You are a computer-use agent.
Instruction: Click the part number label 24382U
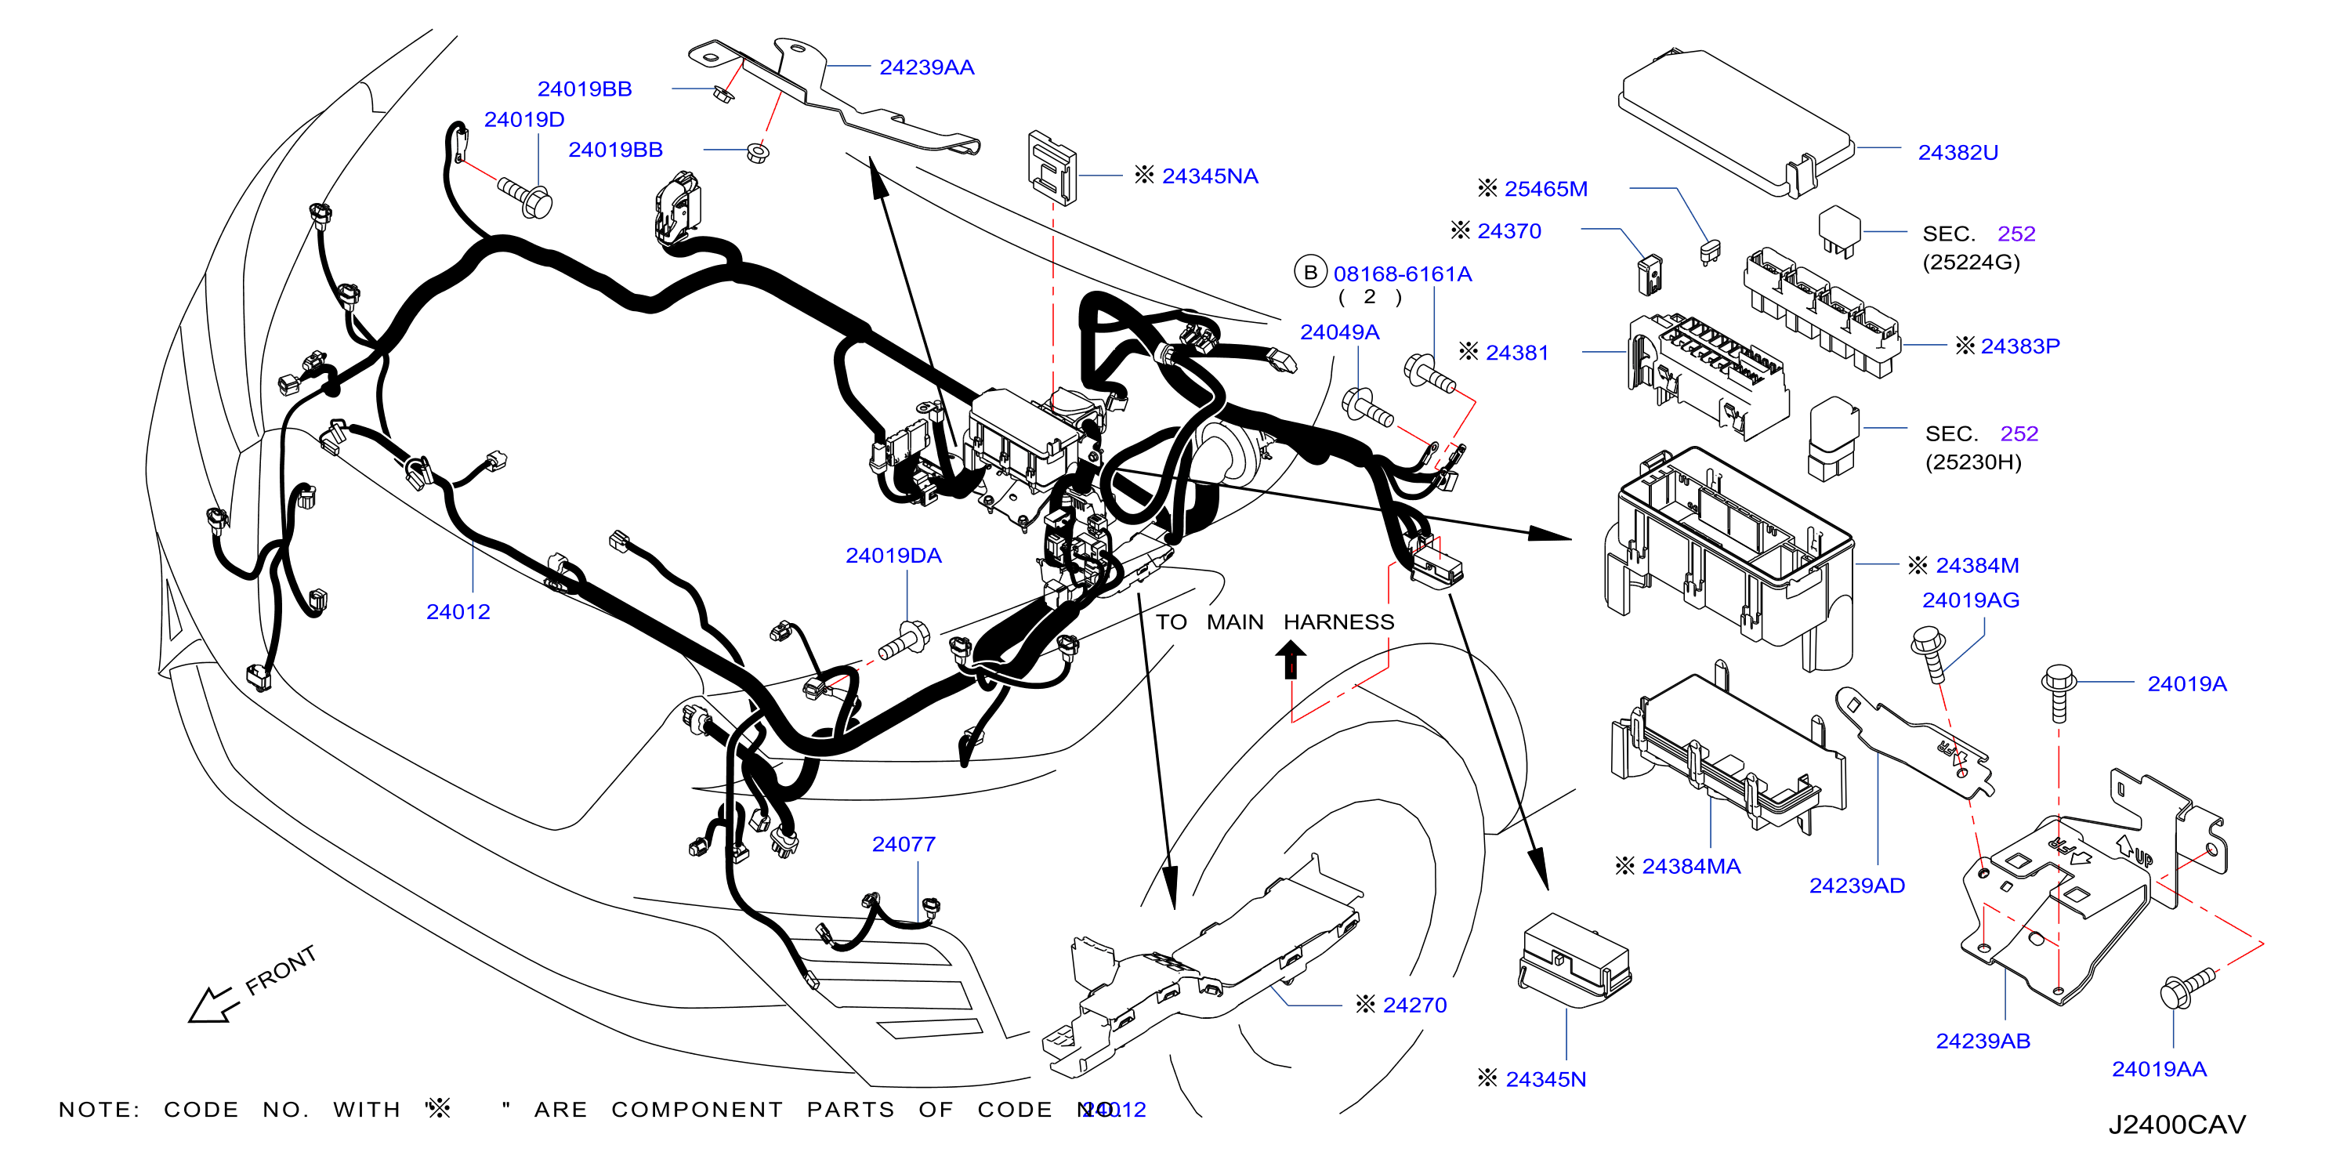1958,152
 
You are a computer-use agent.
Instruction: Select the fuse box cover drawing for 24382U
1736,122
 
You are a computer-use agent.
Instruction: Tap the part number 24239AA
927,67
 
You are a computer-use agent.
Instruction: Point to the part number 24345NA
1210,176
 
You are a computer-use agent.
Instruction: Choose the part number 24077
904,844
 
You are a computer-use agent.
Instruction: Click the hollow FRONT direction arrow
212,1005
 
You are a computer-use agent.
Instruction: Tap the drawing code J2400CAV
2176,1125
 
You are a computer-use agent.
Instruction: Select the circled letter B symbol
1310,272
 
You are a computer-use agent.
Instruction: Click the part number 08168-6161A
1402,274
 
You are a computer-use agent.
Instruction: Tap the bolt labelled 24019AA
2186,990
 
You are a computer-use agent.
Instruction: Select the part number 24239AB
1983,1041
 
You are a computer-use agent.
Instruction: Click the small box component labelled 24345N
1574,960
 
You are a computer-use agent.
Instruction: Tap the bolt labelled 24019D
526,196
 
